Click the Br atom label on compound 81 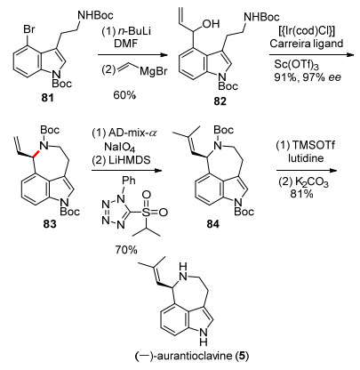29,29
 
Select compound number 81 48,98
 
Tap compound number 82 220,101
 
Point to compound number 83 50,224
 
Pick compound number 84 213,224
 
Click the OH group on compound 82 212,24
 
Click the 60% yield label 124,95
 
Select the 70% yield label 126,250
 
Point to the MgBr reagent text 154,72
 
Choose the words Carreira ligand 307,44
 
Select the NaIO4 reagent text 120,147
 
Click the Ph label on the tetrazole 129,180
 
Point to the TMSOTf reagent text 314,145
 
